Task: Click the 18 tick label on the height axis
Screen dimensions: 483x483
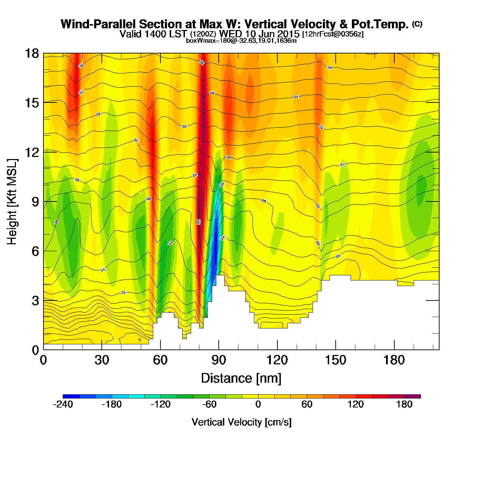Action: coord(31,53)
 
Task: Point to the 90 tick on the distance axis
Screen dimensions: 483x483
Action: coord(219,360)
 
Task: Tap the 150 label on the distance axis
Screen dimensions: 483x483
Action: coord(335,360)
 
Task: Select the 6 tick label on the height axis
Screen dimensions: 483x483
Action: coord(35,251)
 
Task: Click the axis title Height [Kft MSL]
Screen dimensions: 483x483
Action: coord(12,202)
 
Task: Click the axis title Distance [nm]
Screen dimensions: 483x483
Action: coord(241,378)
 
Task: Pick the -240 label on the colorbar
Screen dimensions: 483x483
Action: coord(63,404)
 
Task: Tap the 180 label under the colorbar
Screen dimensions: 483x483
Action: coord(404,404)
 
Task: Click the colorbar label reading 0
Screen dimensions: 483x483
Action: coord(258,404)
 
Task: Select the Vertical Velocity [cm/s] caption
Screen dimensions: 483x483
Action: coord(241,422)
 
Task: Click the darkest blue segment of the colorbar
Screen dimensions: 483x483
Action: coord(71,396)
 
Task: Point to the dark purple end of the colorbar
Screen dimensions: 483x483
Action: coord(413,396)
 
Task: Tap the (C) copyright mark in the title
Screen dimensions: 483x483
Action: coord(417,24)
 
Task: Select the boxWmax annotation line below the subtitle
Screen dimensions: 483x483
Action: coord(241,40)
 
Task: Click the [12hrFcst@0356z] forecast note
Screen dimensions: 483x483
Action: coord(333,34)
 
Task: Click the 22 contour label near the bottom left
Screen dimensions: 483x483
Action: coord(123,293)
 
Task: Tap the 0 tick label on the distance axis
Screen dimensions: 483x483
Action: coord(43,360)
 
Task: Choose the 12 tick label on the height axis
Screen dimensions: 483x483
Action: coord(31,152)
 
